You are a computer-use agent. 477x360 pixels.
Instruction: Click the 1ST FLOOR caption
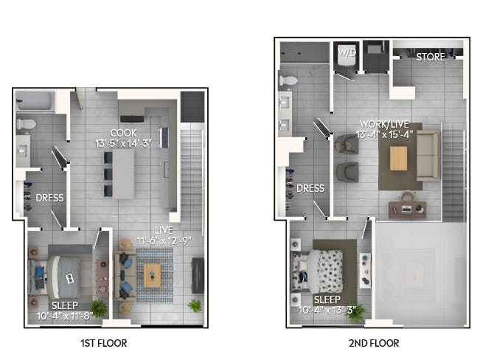pos(104,343)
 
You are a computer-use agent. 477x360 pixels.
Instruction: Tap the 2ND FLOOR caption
pos(374,343)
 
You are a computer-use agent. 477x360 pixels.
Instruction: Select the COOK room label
pos(123,133)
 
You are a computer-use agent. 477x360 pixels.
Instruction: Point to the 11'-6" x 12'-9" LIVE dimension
pos(164,240)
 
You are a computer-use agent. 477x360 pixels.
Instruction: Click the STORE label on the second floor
pos(431,57)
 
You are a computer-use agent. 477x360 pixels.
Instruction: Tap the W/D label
pos(347,53)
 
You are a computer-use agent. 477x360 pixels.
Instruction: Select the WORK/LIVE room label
pos(385,124)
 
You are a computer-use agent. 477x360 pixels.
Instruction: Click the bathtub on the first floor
pos(35,101)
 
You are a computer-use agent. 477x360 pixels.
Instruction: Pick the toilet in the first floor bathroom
pos(27,124)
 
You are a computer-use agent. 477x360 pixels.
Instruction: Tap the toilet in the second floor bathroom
pos(288,80)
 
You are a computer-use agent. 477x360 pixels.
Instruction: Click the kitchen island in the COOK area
pos(123,174)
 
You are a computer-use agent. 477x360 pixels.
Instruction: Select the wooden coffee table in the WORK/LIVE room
pos(399,159)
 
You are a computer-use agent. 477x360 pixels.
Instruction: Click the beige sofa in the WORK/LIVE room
pos(428,156)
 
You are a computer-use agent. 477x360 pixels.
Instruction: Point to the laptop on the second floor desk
pos(406,209)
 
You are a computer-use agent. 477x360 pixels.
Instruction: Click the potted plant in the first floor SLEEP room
pos(98,308)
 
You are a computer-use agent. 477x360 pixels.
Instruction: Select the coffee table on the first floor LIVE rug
pos(152,275)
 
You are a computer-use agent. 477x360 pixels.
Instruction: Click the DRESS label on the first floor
pos(49,198)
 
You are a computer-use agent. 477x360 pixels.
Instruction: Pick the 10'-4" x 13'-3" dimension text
pos(327,310)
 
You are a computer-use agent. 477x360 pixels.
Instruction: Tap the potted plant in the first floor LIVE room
pos(195,305)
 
